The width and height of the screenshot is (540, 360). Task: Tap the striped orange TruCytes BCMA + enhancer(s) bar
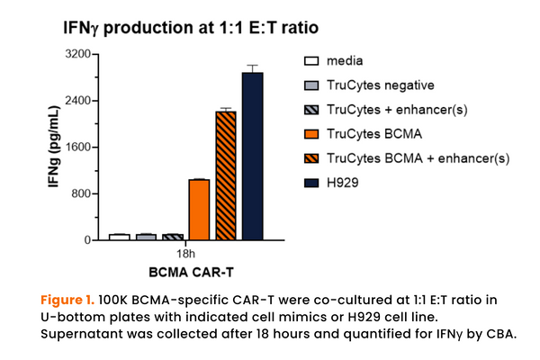coord(226,175)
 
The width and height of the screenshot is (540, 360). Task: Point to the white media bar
coord(119,237)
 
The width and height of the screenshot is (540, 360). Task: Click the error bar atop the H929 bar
coord(253,68)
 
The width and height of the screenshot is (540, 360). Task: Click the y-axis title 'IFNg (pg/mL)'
coord(53,148)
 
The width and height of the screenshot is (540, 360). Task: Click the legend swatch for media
coord(311,61)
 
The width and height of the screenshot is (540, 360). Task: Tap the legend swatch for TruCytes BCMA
coord(311,134)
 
